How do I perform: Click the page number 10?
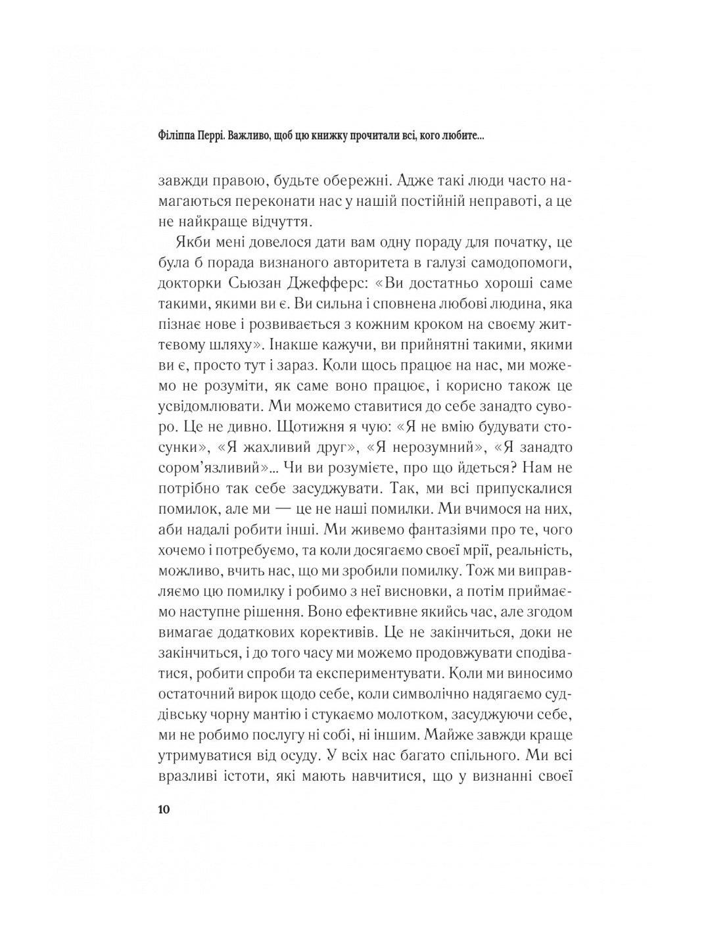pos(164,809)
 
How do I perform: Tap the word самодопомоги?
pos(523,264)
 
